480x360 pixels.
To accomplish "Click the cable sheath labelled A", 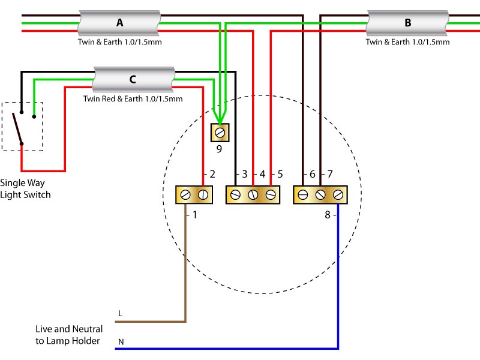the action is point(119,23).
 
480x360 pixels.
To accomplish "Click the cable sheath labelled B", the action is point(407,23).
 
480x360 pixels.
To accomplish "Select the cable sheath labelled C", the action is point(133,79).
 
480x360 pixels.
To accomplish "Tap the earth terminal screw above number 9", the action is point(220,133).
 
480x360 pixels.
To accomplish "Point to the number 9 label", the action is point(219,149).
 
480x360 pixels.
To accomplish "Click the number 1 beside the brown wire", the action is point(194,215).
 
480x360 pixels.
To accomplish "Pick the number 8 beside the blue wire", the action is point(328,215).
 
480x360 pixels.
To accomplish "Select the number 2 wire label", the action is point(212,174).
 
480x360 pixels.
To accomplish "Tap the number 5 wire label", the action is point(280,174).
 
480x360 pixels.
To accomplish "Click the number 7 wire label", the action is point(329,174).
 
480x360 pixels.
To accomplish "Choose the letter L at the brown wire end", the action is point(121,313).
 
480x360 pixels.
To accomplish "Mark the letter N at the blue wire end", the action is point(121,342).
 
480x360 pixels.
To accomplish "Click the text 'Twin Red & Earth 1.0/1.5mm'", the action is point(133,99).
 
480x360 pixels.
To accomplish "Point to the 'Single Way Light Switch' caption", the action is point(25,189).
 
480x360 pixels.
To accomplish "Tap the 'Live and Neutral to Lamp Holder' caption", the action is point(69,335).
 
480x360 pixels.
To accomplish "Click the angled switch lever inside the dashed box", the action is point(17,128).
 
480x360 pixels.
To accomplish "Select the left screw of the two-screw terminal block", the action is point(185,194).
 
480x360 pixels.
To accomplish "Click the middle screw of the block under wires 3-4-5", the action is point(253,194).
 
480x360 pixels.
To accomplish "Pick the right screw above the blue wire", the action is point(338,194).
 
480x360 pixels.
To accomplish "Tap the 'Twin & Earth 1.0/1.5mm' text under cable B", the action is point(407,42).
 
